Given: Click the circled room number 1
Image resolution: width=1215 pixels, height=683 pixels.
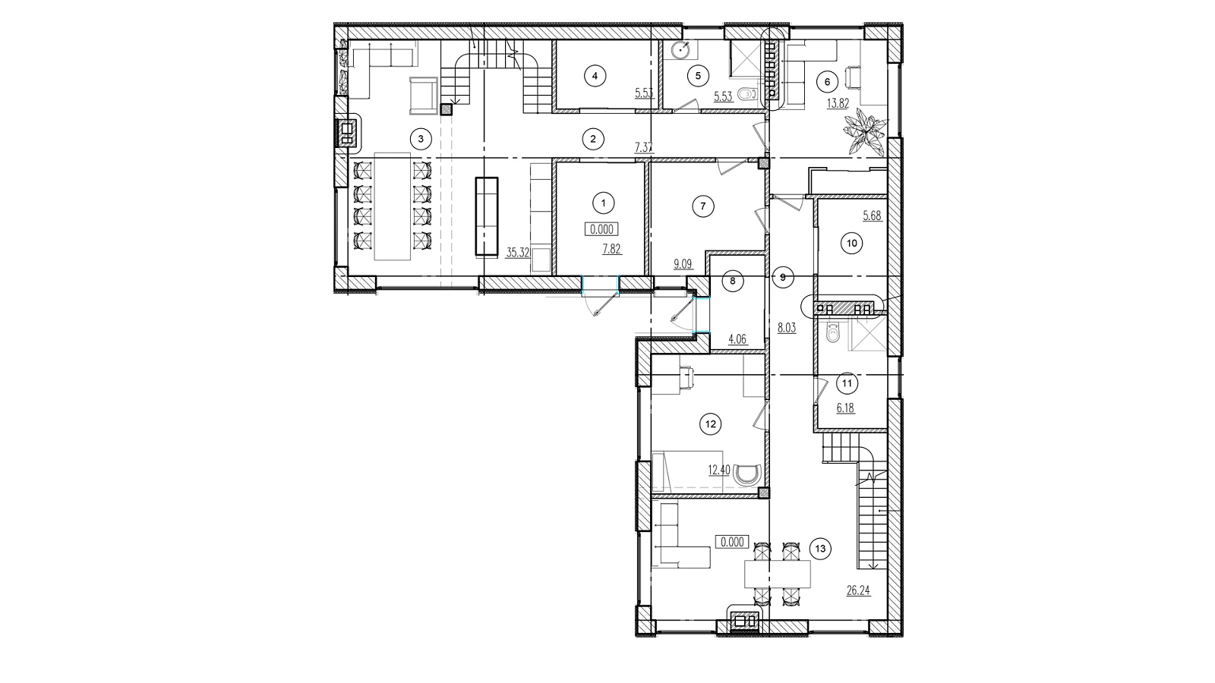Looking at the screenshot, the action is tap(603, 203).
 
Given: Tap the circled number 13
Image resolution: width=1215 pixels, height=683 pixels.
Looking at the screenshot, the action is tap(820, 549).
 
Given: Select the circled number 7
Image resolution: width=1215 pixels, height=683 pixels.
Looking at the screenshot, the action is tap(703, 206).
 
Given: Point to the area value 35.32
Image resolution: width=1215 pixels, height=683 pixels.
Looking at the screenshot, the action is tap(517, 253).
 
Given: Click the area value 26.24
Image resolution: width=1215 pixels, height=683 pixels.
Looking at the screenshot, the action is tap(858, 590).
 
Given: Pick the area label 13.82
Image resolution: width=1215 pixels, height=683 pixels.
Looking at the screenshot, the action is tap(838, 103).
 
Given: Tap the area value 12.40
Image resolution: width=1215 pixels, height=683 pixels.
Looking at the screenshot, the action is tap(719, 470).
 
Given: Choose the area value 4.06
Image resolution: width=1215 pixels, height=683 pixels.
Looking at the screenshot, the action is tap(737, 340).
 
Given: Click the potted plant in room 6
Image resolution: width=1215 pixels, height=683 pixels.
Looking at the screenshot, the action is tap(865, 131).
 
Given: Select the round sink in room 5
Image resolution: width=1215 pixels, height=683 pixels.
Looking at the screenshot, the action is tap(680, 51).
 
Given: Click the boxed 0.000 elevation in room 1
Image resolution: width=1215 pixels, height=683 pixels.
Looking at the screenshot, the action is tap(601, 229).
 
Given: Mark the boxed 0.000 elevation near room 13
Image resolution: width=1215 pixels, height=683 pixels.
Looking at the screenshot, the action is tap(732, 542).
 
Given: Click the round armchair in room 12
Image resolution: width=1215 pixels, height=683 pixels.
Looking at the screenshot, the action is tap(747, 474).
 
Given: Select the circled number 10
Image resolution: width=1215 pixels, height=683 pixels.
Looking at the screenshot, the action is tap(851, 244).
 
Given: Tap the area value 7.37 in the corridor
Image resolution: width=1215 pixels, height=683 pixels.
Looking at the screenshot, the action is tap(644, 147).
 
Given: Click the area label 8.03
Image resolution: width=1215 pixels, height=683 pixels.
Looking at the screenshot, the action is tap(787, 328).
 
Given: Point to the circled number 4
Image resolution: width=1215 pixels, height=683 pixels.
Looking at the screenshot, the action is tap(595, 76).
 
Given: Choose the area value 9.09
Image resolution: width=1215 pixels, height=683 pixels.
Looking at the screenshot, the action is tap(683, 265).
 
